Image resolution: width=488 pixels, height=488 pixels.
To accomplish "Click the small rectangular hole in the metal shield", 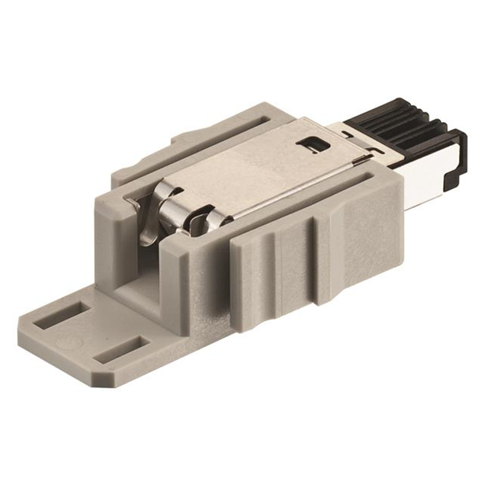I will point(310,142).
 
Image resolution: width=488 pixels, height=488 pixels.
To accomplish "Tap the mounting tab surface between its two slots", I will point(91,332).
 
